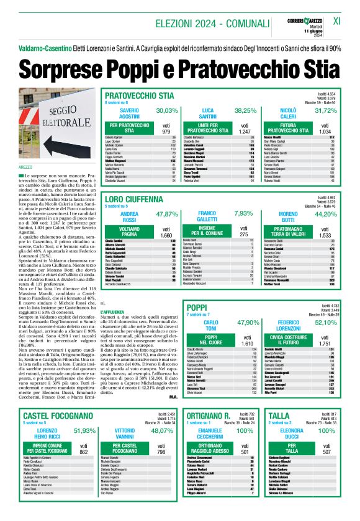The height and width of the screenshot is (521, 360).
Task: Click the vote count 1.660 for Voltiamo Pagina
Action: (x=166, y=236)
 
